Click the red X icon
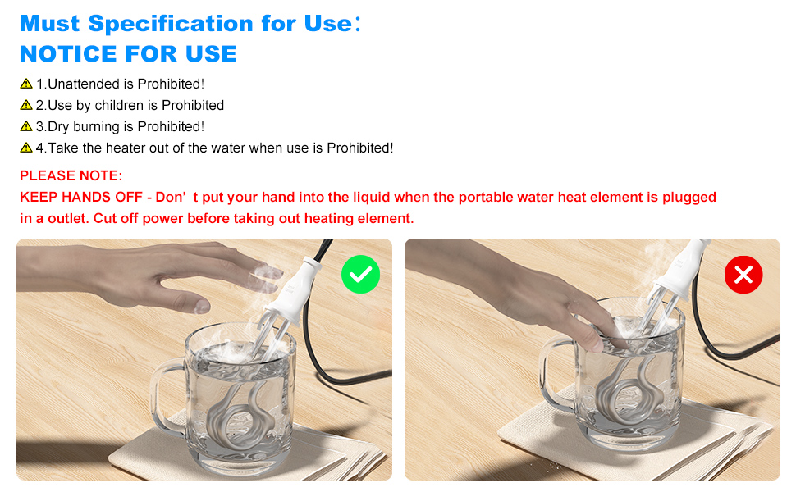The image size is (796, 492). point(743,275)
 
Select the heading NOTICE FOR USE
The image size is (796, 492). point(128,54)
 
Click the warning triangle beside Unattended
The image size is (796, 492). point(26,84)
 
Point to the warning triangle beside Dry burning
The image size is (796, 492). point(26,126)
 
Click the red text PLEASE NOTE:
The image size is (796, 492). point(71,175)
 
